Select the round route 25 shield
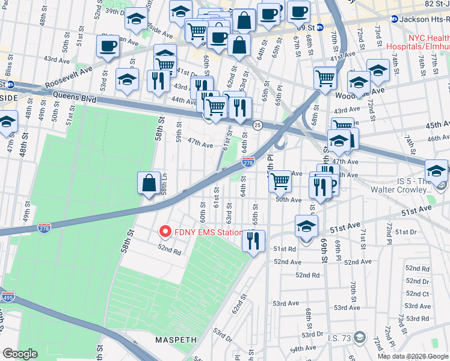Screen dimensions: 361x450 click(x=257, y=125)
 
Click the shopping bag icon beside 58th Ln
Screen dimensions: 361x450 click(x=149, y=183)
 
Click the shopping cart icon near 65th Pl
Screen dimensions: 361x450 click(x=280, y=180)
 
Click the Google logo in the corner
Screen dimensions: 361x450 click(x=20, y=354)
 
